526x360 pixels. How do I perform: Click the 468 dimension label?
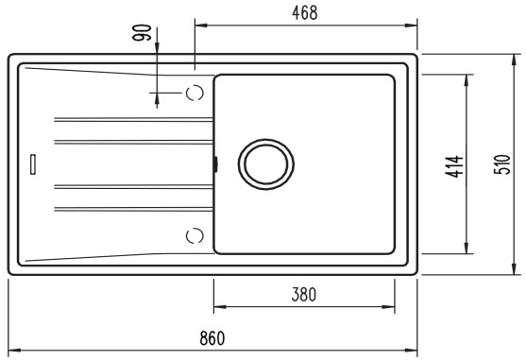pos(305,13)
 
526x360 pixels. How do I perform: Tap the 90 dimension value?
pos(142,32)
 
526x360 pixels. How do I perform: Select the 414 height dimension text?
pos(454,166)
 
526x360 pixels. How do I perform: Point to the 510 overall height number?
pos(502,164)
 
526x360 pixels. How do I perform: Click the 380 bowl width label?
pos(303,294)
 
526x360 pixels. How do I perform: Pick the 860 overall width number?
pos(212,338)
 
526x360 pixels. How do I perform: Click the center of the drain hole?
pos(266,164)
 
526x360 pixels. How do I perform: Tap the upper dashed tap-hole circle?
pos(195,93)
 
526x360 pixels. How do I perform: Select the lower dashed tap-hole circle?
pos(195,235)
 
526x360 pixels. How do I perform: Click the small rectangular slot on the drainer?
pos(33,164)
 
